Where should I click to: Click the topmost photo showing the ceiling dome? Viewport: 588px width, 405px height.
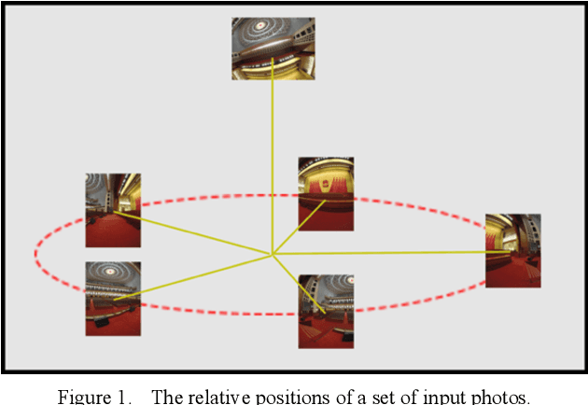[273, 47]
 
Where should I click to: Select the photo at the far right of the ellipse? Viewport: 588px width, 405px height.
[512, 250]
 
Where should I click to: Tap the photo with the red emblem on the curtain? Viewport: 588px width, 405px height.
[325, 192]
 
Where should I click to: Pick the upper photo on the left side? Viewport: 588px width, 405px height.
[113, 209]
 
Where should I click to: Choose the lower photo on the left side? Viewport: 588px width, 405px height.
[113, 298]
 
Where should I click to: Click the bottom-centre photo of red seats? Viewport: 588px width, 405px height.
[326, 311]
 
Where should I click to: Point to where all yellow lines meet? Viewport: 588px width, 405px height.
[272, 254]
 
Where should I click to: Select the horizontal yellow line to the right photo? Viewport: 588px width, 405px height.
[392, 253]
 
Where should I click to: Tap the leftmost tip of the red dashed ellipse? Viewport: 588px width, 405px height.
[35, 252]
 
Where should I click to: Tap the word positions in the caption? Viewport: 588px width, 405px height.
[279, 395]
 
